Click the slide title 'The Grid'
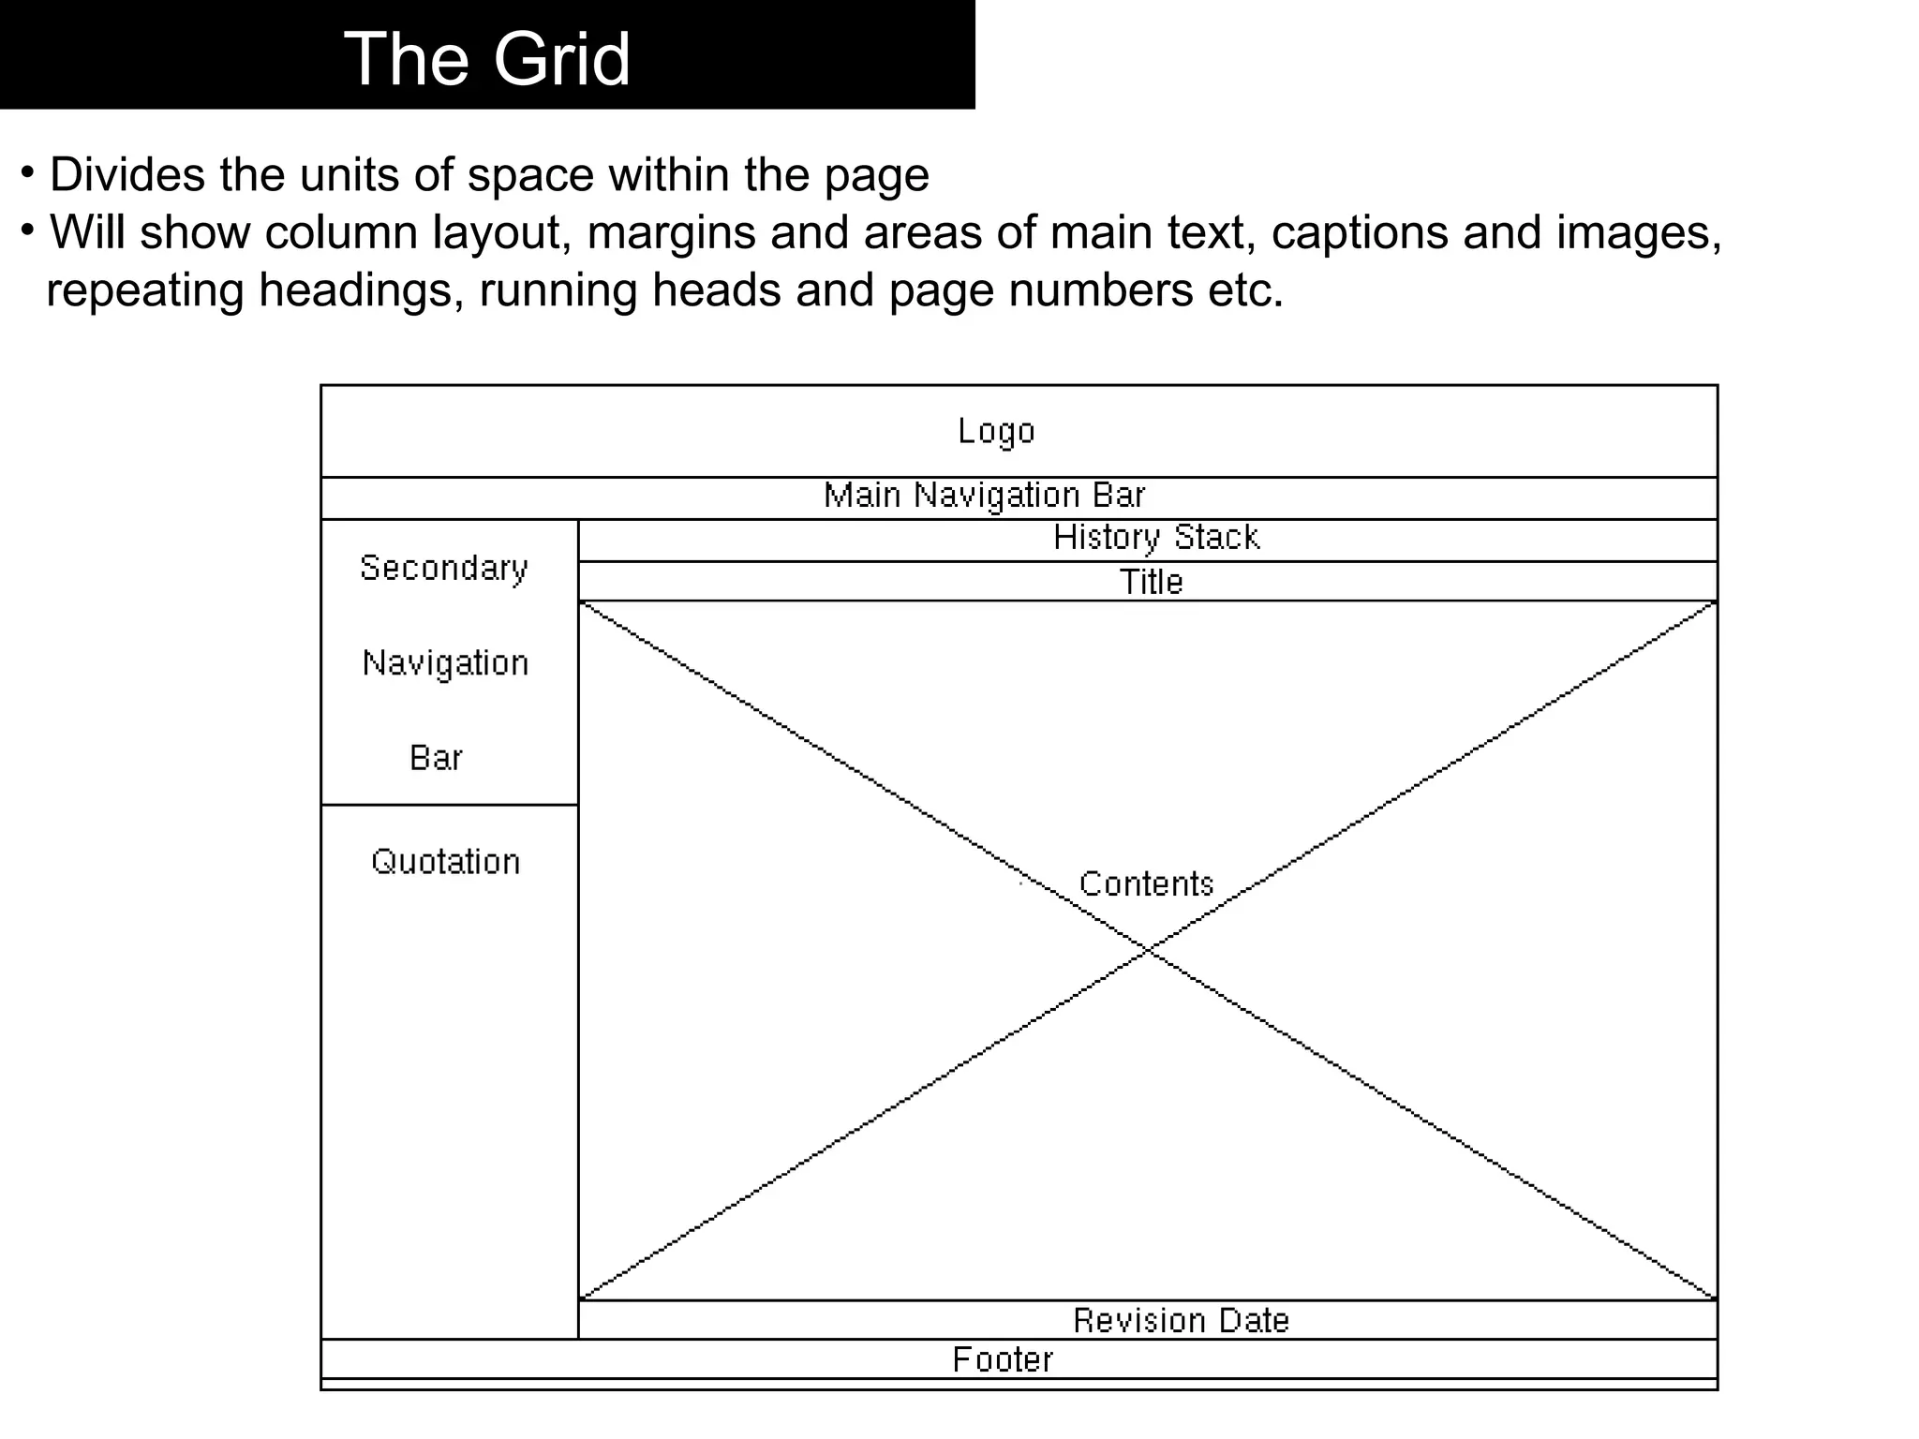point(487,58)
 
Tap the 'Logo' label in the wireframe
point(996,431)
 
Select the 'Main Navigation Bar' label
point(984,495)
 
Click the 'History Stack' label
point(1156,538)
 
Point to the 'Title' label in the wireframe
point(1152,582)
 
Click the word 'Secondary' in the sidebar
point(444,569)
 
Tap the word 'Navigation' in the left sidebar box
point(446,663)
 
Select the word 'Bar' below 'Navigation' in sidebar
point(436,758)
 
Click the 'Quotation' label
point(446,862)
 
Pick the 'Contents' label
point(1146,883)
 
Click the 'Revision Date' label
point(1181,1321)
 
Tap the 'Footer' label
point(1003,1360)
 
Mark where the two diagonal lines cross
point(1148,951)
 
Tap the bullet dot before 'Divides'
point(29,171)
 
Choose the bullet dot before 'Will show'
point(29,229)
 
